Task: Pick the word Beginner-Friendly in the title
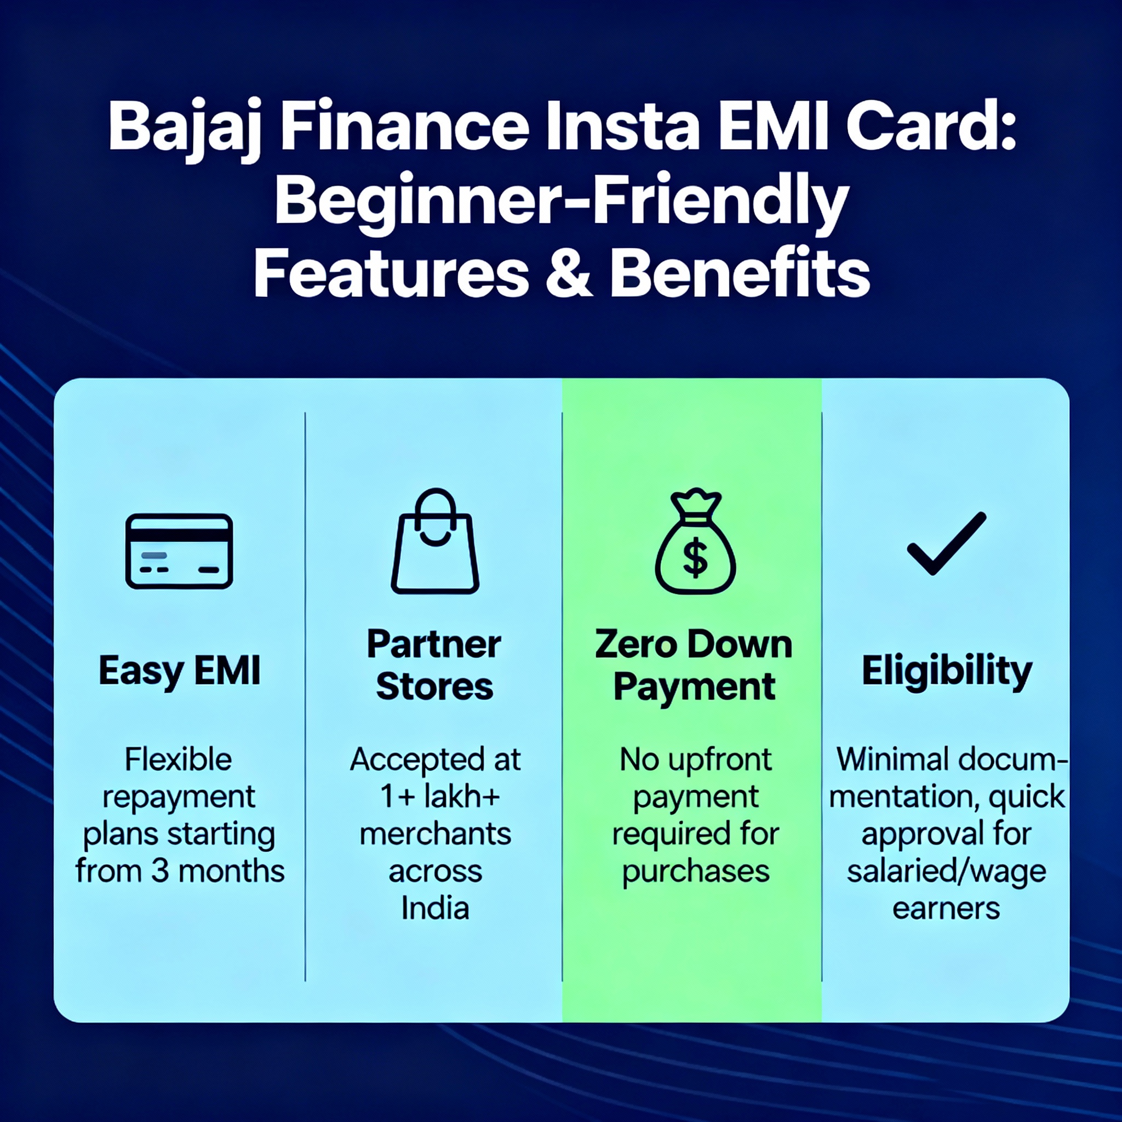[562, 203]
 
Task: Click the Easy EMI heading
[180, 671]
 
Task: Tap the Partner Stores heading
[434, 665]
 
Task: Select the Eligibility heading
[947, 671]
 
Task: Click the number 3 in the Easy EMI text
[160, 871]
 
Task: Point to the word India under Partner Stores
[435, 908]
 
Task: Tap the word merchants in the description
[435, 834]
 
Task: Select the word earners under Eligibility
[946, 909]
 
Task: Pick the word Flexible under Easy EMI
[178, 759]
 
